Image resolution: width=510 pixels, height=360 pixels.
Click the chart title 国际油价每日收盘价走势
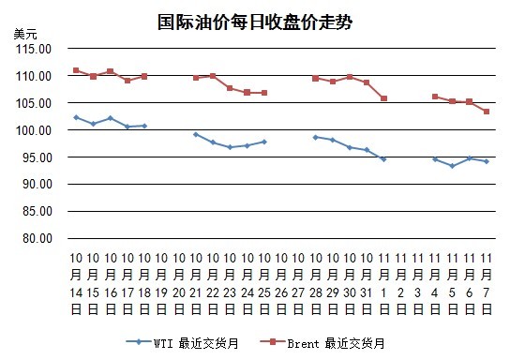[x=255, y=22]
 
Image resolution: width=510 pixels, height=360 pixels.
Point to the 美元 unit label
[x=25, y=34]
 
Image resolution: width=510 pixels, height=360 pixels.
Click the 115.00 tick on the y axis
[x=34, y=49]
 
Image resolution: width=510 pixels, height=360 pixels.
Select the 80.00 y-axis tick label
[x=37, y=238]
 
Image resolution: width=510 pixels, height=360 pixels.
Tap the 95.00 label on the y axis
[x=37, y=157]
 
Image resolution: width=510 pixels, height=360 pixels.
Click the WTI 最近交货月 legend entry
[x=183, y=343]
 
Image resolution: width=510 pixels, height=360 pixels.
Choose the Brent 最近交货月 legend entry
[x=322, y=343]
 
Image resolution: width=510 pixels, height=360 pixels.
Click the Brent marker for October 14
[x=76, y=70]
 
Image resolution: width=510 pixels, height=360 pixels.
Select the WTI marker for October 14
[x=76, y=117]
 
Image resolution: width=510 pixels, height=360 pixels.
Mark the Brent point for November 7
[x=487, y=112]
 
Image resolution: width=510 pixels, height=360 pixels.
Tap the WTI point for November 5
[x=452, y=166]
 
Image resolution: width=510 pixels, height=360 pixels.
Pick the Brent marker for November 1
[x=383, y=98]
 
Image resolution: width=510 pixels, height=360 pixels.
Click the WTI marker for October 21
[x=196, y=134]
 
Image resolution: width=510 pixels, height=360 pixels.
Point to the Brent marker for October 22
[x=213, y=76]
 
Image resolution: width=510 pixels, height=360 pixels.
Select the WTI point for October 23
[x=230, y=147]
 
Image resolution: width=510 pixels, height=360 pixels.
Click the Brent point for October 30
[x=350, y=77]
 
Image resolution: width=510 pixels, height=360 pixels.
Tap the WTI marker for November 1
[x=383, y=159]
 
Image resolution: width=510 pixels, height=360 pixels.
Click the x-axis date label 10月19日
[x=161, y=283]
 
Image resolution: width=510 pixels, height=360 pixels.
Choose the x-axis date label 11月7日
[x=487, y=283]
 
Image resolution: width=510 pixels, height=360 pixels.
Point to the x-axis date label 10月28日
[x=316, y=283]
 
